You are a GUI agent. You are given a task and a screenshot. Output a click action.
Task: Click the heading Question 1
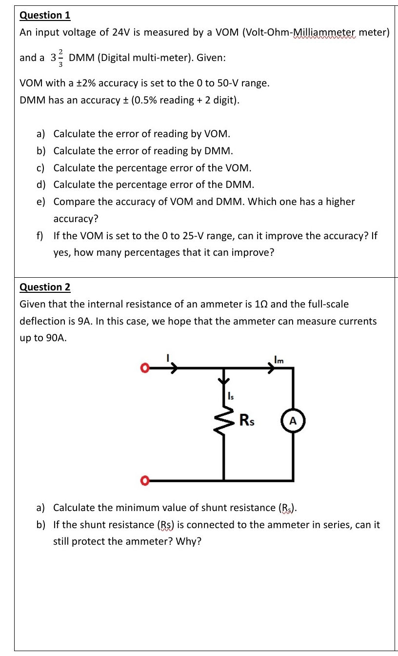pyautogui.click(x=45, y=15)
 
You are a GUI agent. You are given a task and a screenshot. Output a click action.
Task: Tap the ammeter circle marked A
pyautogui.click(x=293, y=421)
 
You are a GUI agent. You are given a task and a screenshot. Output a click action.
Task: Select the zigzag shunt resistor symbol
pyautogui.click(x=224, y=423)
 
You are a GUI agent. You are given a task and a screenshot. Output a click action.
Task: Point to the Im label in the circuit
pyautogui.click(x=279, y=361)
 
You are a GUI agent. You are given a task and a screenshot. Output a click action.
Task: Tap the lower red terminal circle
pyautogui.click(x=144, y=481)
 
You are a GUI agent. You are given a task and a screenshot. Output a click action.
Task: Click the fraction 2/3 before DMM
pyautogui.click(x=60, y=57)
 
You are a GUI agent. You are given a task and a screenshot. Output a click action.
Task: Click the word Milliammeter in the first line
pyautogui.click(x=324, y=33)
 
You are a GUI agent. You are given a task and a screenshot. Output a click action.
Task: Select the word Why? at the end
pyautogui.click(x=188, y=542)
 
